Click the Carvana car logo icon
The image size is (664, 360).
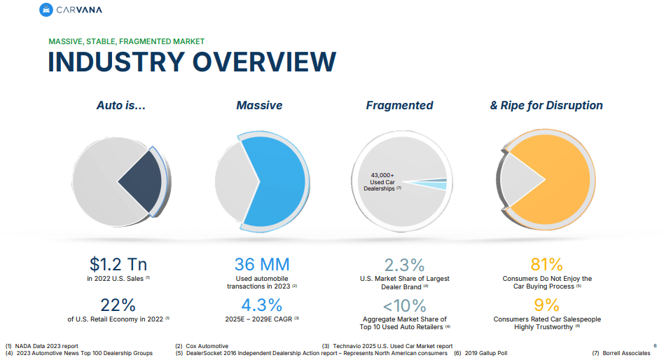(46, 10)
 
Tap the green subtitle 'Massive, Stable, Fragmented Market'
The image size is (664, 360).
(126, 41)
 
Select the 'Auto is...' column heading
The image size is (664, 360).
(120, 105)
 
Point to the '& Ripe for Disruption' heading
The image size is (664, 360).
(546, 105)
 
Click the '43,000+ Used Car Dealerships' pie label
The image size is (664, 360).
(382, 182)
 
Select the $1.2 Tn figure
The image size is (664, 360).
(118, 264)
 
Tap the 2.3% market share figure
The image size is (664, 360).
(404, 265)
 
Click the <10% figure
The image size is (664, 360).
(404, 305)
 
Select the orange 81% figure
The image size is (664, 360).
(547, 264)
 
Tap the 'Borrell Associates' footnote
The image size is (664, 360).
(625, 353)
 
